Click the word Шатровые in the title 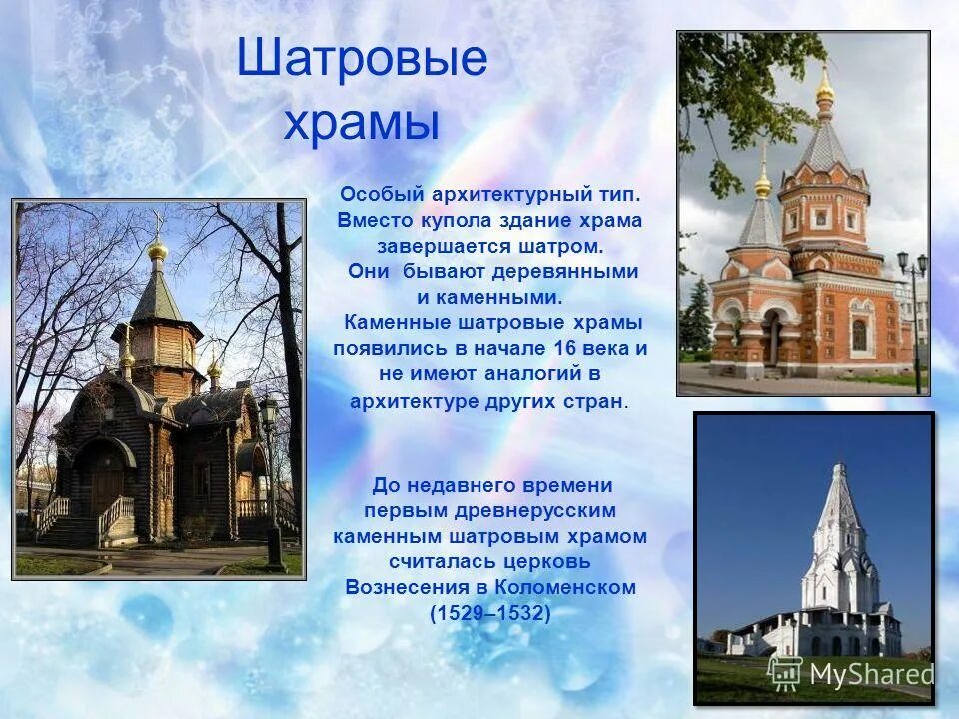tap(362, 59)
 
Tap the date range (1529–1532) tap(489, 613)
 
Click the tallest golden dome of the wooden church tap(158, 248)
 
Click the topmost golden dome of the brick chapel tap(824, 89)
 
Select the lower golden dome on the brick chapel tap(763, 184)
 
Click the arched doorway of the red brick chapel tap(773, 338)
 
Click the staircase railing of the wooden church tap(116, 513)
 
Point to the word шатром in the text tap(566, 245)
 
